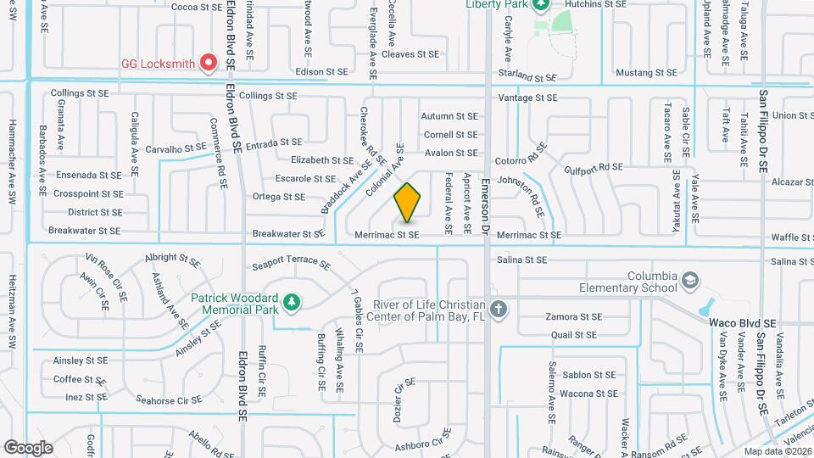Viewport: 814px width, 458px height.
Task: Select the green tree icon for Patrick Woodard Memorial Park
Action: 291,301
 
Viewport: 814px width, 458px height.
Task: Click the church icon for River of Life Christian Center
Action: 499,309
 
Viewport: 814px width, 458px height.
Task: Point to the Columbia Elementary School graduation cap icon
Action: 691,280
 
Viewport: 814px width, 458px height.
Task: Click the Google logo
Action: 28,447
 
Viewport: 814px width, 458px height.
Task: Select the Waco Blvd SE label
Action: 743,324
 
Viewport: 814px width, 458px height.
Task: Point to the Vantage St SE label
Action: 527,98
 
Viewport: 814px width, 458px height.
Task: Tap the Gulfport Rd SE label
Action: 593,167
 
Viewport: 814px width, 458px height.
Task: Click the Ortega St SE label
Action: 279,197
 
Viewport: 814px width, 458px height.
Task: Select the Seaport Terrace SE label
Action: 291,265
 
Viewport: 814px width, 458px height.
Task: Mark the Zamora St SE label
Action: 575,316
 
